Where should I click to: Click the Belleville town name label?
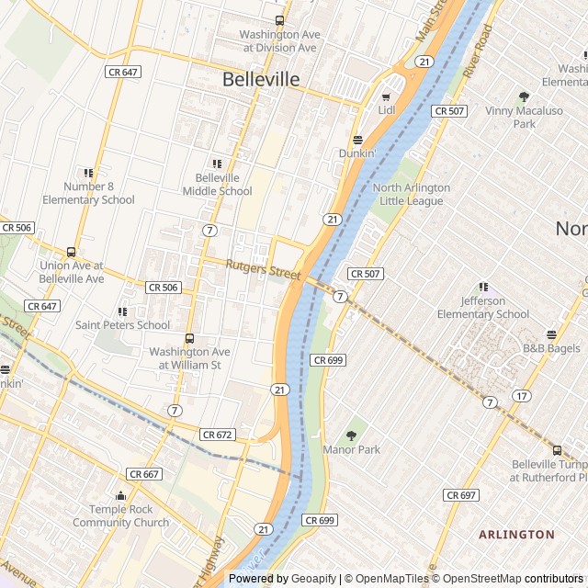pyautogui.click(x=261, y=80)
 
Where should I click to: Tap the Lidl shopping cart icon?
pyautogui.click(x=386, y=95)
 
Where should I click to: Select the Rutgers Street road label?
pyautogui.click(x=264, y=270)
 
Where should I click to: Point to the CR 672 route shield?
pyautogui.click(x=219, y=435)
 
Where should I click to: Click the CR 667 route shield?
pyautogui.click(x=144, y=474)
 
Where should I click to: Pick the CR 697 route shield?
pyautogui.click(x=461, y=495)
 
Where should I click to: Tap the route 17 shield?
pyautogui.click(x=521, y=396)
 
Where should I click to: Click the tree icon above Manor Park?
pyautogui.click(x=351, y=435)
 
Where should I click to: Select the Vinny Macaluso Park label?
pyautogui.click(x=524, y=117)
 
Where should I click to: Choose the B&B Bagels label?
pyautogui.click(x=551, y=349)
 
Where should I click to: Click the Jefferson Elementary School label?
pyautogui.click(x=483, y=308)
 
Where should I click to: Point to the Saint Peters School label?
pyautogui.click(x=122, y=324)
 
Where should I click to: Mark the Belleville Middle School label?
pyautogui.click(x=217, y=185)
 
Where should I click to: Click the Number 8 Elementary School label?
pyautogui.click(x=88, y=193)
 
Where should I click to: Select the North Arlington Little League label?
pyautogui.click(x=412, y=194)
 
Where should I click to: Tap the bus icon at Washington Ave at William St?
pyautogui.click(x=189, y=339)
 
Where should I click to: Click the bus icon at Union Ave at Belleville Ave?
pyautogui.click(x=71, y=253)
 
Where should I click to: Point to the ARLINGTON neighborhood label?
pyautogui.click(x=516, y=534)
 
